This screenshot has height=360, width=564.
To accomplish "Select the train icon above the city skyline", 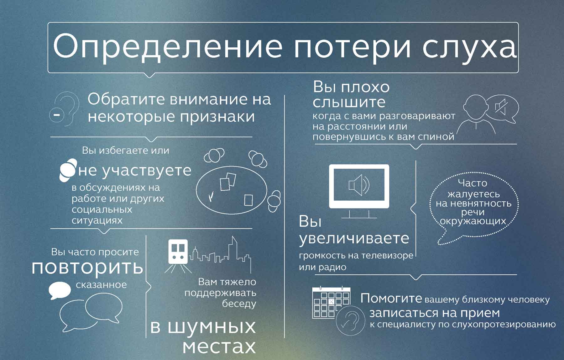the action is (178, 256).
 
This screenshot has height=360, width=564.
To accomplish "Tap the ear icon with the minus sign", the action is (64, 109).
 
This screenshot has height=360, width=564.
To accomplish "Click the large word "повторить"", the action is (87, 267).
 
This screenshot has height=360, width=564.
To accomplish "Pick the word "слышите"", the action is (349, 102).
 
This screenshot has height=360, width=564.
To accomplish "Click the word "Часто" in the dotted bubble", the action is (473, 183).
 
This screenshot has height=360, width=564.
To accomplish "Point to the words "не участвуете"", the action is (135, 171).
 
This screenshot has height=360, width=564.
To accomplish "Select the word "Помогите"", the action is (391, 298).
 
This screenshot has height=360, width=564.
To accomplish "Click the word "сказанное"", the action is (101, 285).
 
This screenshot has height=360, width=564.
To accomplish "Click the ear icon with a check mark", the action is (350, 320).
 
